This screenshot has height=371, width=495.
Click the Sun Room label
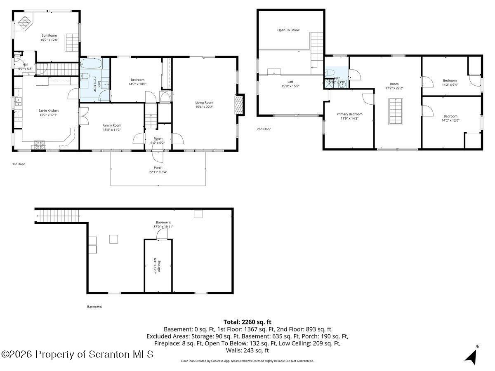tap(49, 35)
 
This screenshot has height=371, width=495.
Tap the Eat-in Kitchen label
tap(49, 110)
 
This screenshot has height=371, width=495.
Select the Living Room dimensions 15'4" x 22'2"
tap(204, 107)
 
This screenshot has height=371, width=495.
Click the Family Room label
tap(112, 125)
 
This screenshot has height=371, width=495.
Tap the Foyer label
tap(158, 139)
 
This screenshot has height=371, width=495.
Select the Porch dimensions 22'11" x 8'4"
tap(158, 172)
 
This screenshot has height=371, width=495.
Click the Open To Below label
tap(288, 30)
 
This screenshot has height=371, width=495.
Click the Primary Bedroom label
tap(349, 114)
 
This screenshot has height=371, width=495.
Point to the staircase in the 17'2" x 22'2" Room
tap(395, 111)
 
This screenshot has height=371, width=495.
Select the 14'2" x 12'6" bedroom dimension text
tap(450, 121)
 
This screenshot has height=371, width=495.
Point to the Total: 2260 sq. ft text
tap(247, 322)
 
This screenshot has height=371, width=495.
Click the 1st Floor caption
tap(19, 164)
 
